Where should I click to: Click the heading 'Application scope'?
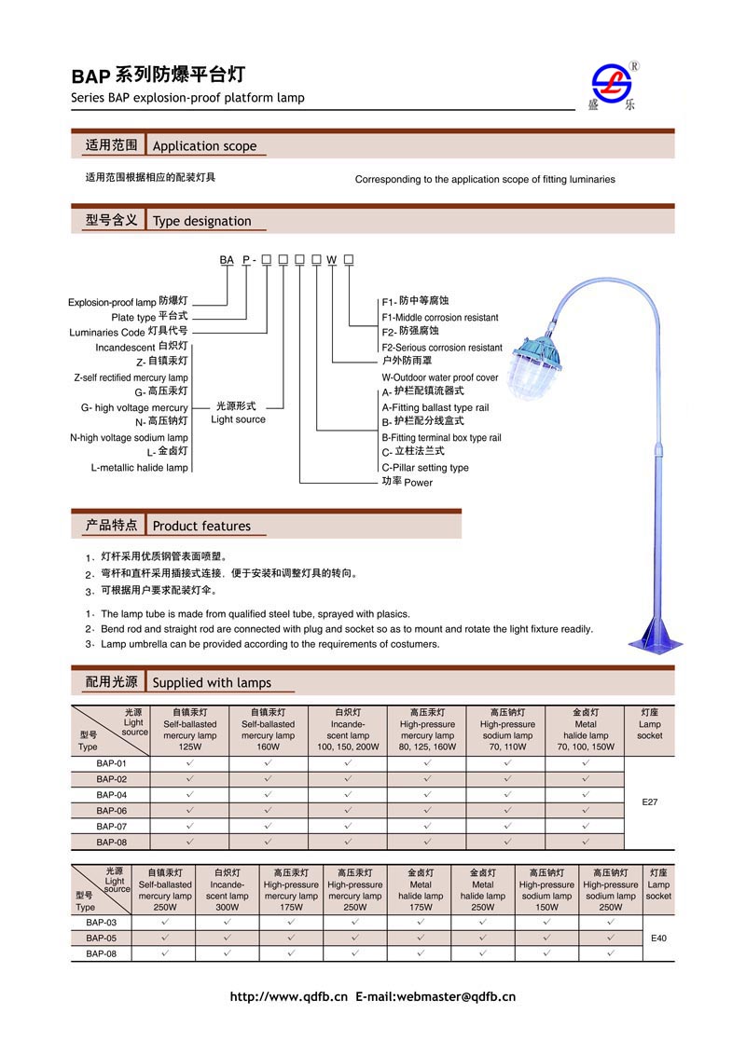pyautogui.click(x=204, y=146)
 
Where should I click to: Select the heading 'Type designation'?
pyautogui.click(x=201, y=221)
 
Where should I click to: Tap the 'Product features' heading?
pyautogui.click(x=201, y=526)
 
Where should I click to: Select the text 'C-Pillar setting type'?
pyautogui.click(x=425, y=468)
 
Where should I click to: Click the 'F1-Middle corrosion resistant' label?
pyautogui.click(x=440, y=318)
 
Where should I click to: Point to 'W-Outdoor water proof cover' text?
pyautogui.click(x=440, y=377)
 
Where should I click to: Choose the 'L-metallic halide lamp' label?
pyautogui.click(x=139, y=467)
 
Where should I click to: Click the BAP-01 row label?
pyautogui.click(x=111, y=762)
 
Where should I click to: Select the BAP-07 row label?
pyautogui.click(x=111, y=826)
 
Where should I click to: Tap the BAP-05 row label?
pyautogui.click(x=101, y=938)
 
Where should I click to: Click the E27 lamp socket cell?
pyautogui.click(x=650, y=802)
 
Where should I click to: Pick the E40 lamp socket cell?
pyautogui.click(x=658, y=938)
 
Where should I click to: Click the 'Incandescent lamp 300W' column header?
pyautogui.click(x=228, y=890)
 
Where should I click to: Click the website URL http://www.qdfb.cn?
pyautogui.click(x=288, y=996)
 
